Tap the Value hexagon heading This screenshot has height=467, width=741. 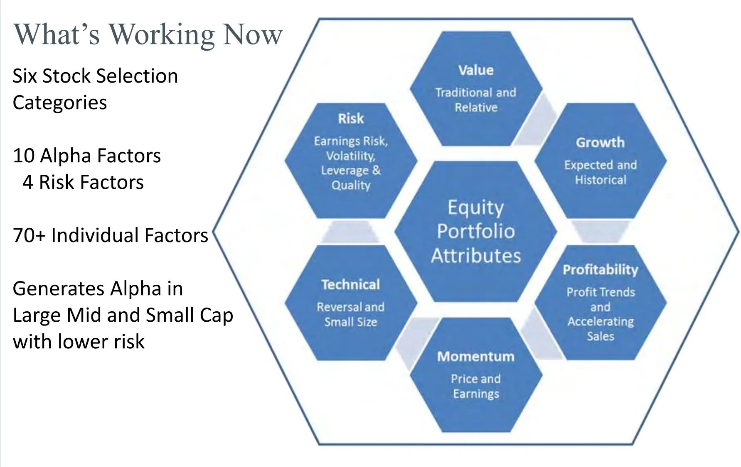pyautogui.click(x=476, y=70)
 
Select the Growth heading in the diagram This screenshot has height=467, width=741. pyautogui.click(x=600, y=142)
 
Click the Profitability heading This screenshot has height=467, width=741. pyautogui.click(x=600, y=270)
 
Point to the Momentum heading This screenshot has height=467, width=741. pyautogui.click(x=476, y=356)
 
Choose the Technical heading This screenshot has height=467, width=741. pyautogui.click(x=350, y=284)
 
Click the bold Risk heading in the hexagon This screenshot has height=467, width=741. pyautogui.click(x=351, y=119)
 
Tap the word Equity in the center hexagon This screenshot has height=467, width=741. pyautogui.click(x=475, y=207)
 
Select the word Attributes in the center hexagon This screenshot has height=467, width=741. pyautogui.click(x=476, y=255)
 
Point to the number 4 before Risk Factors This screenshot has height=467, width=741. pyautogui.click(x=28, y=182)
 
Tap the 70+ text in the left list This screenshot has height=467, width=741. pyautogui.click(x=29, y=235)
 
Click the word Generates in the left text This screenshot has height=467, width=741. pyautogui.click(x=57, y=289)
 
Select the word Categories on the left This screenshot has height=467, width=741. pyautogui.click(x=60, y=103)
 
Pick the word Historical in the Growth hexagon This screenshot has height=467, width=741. pyautogui.click(x=601, y=180)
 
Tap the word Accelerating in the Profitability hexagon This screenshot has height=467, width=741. pyautogui.click(x=601, y=322)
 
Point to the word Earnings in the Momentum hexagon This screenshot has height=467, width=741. pyautogui.click(x=476, y=394)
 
